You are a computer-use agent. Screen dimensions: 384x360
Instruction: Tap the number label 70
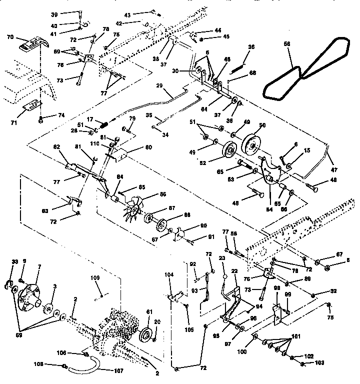[10, 37]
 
